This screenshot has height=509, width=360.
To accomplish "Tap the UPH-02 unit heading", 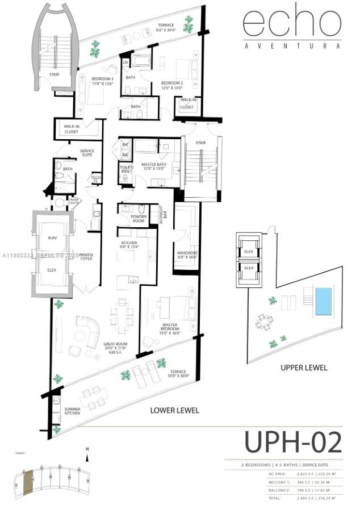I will click(x=293, y=443).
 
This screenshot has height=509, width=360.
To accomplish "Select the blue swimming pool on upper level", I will click(x=323, y=301).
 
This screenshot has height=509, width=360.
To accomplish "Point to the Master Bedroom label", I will click(x=169, y=329).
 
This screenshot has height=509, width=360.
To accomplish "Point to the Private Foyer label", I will click(x=87, y=257).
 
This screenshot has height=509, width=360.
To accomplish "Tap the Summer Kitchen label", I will click(x=71, y=411).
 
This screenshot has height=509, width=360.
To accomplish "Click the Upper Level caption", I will click(x=304, y=368).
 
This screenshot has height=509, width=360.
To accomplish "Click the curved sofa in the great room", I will click(x=89, y=329).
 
